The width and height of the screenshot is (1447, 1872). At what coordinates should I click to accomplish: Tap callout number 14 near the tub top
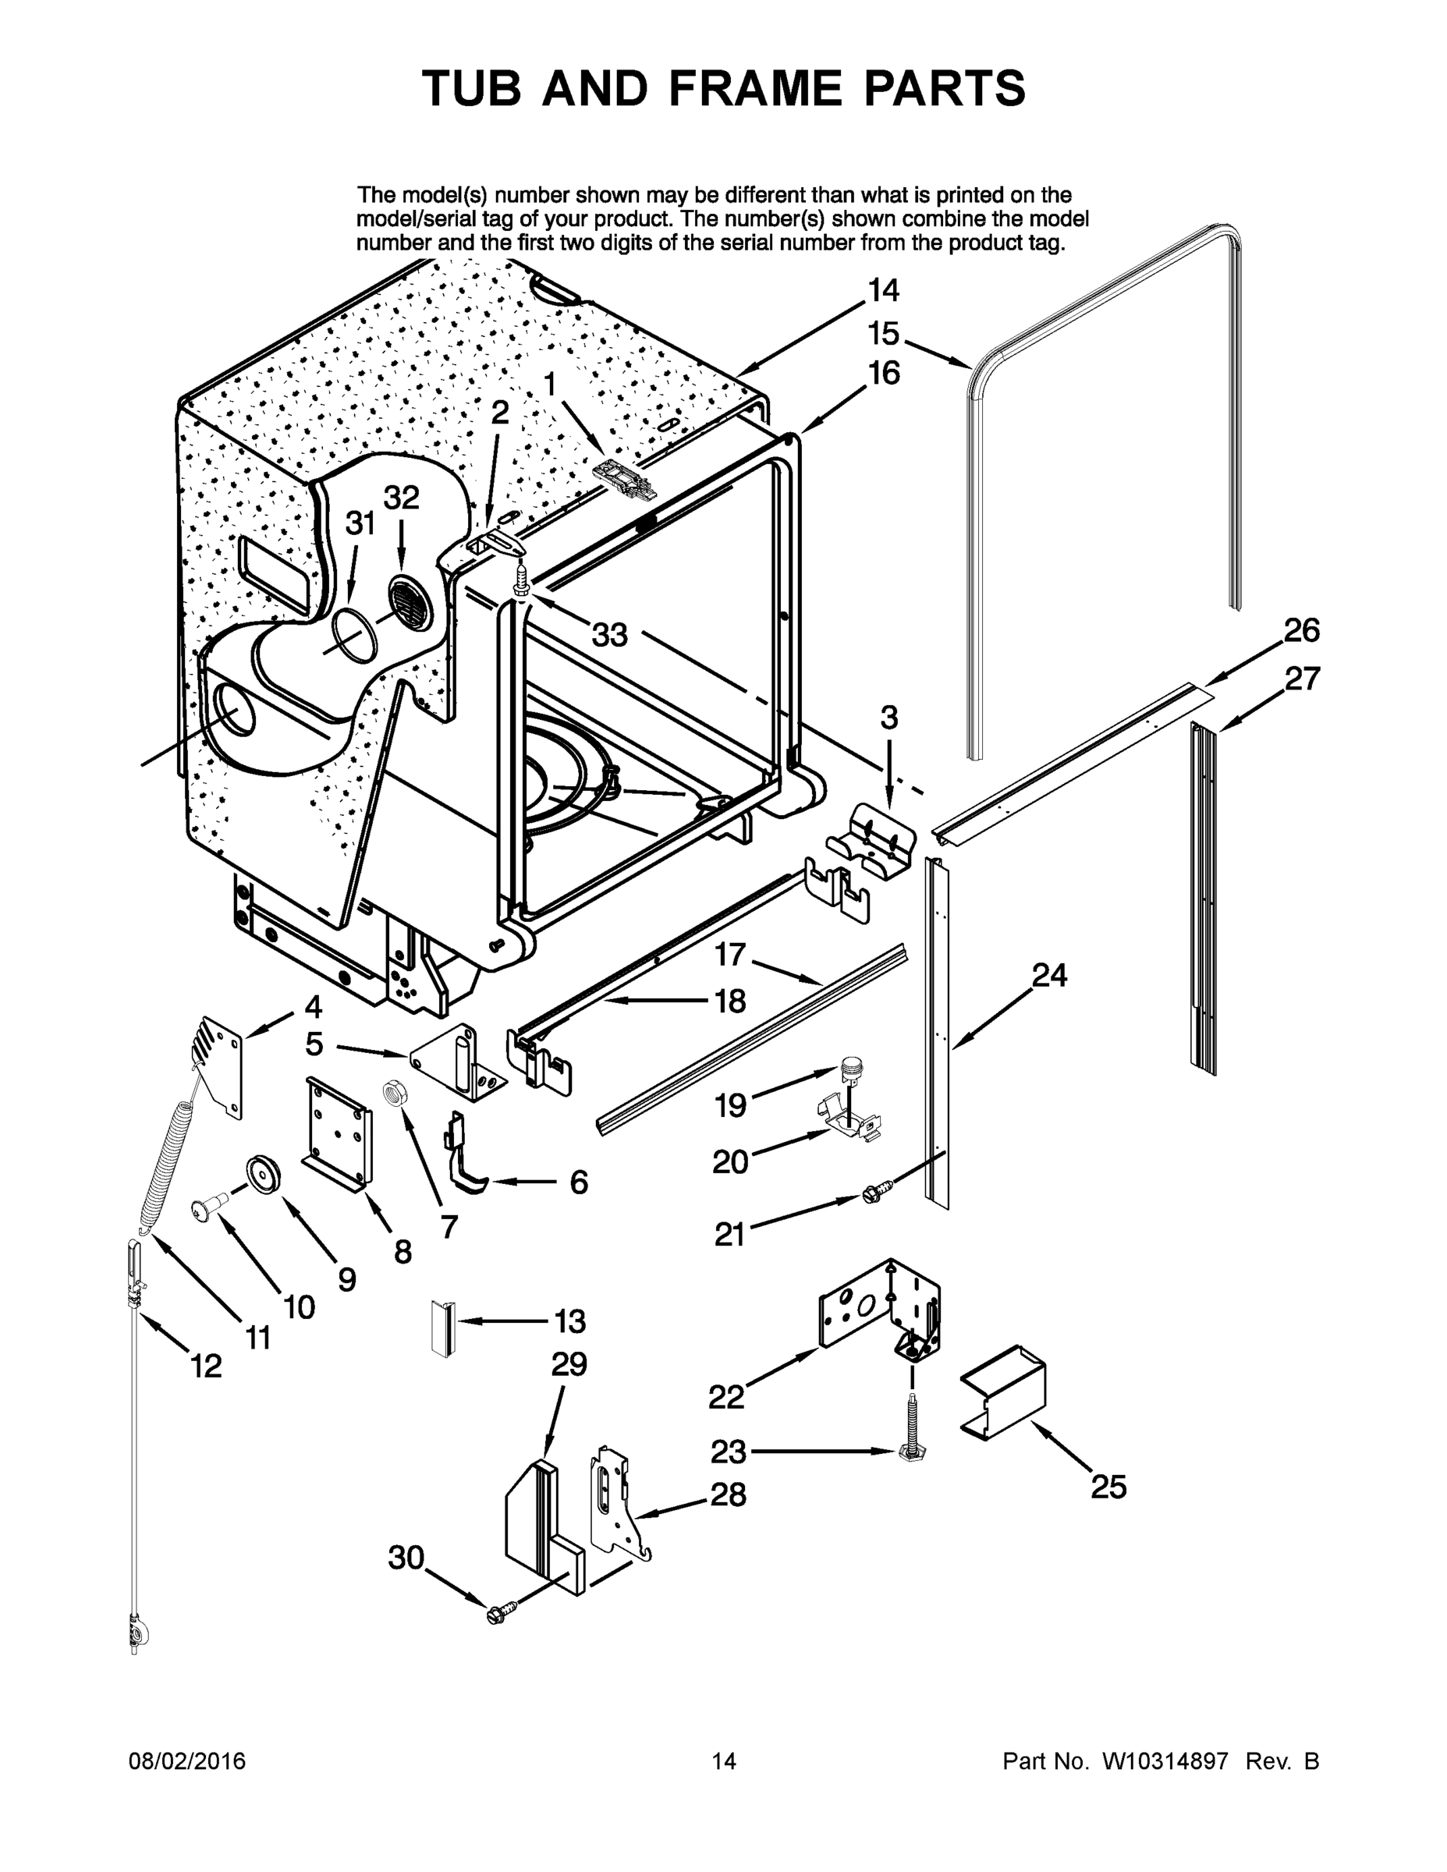pyautogui.click(x=883, y=291)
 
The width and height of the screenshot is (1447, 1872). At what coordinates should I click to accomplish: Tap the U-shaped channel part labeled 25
pyautogui.click(x=1004, y=1393)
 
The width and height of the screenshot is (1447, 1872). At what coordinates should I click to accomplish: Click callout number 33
pyautogui.click(x=609, y=635)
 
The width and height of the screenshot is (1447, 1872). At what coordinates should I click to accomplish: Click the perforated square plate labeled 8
pyautogui.click(x=339, y=1133)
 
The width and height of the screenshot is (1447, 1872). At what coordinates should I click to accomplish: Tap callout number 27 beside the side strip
pyautogui.click(x=1301, y=679)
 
